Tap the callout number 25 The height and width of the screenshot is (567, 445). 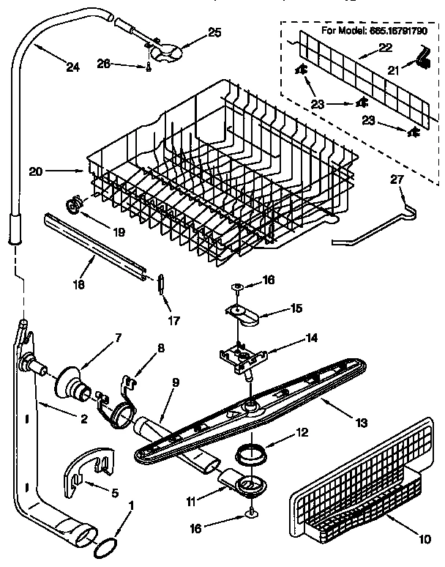point(214,31)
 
